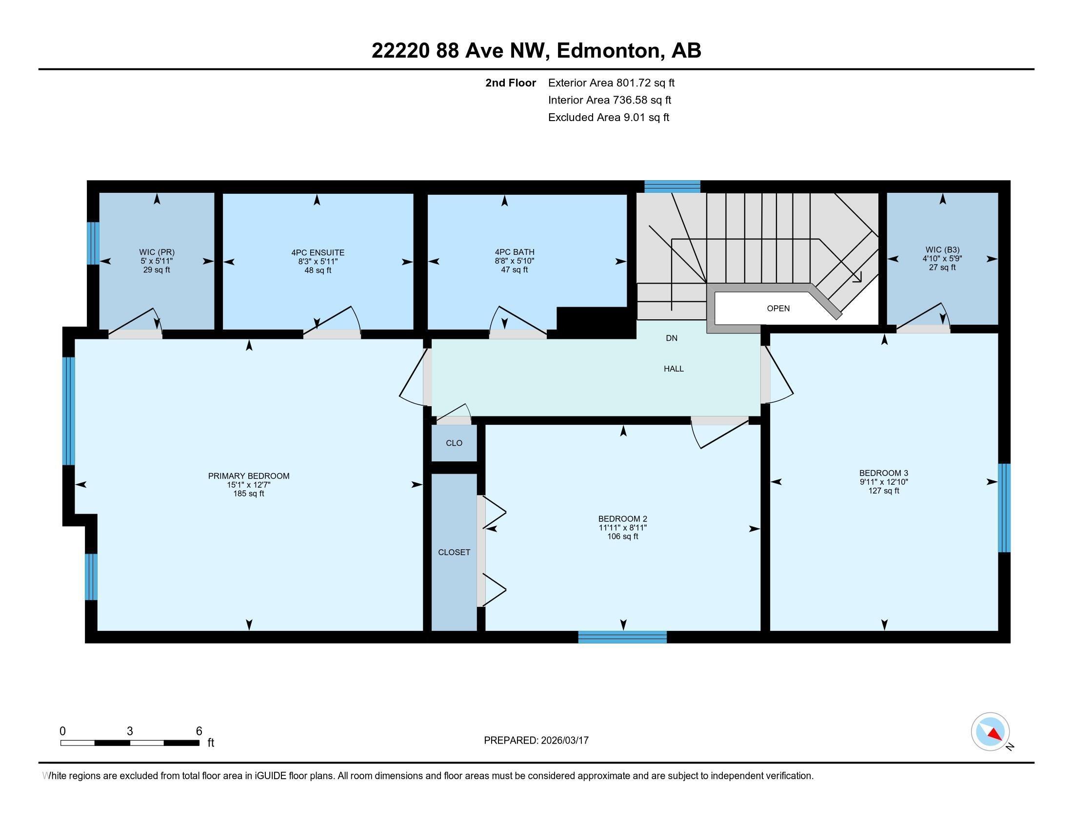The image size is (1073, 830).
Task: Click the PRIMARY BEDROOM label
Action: [249, 476]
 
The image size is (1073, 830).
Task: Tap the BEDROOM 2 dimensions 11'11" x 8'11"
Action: [622, 528]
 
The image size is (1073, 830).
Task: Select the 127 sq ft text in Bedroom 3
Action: [883, 491]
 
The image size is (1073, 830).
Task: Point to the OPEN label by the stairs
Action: [778, 308]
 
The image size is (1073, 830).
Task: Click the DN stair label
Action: [672, 338]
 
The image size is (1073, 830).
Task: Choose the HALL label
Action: [674, 369]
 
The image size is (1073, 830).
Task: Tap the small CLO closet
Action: [454, 443]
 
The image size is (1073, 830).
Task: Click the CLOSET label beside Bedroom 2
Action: [454, 552]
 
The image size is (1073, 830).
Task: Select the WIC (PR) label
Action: [157, 252]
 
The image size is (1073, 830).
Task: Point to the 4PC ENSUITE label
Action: [318, 253]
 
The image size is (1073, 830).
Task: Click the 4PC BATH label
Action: [515, 252]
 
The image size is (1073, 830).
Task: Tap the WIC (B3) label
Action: [942, 250]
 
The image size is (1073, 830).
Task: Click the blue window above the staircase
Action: [672, 187]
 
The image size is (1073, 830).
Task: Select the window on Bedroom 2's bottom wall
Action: [622, 637]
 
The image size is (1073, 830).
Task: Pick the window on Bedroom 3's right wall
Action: [1004, 508]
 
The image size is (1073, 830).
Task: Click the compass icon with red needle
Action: [990, 732]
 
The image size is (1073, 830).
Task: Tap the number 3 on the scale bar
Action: [130, 731]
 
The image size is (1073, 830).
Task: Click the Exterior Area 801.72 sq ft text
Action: [611, 83]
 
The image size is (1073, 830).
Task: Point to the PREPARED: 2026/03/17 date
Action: [536, 741]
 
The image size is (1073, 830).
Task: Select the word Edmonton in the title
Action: [608, 51]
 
